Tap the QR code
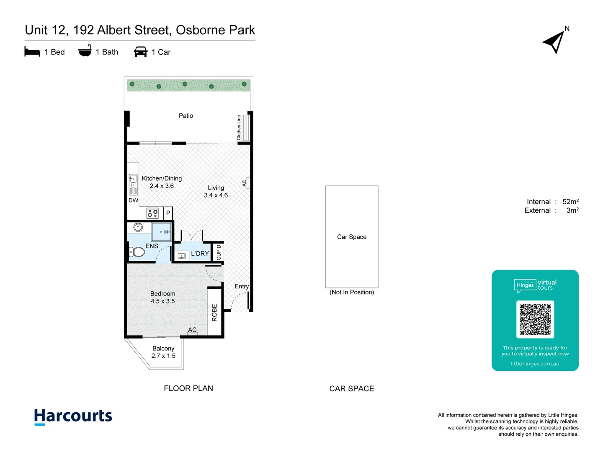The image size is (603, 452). click(x=535, y=319)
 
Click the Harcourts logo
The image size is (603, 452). click(x=73, y=416)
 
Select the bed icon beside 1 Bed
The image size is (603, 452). click(x=32, y=52)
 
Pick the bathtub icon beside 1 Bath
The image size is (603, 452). click(x=85, y=51)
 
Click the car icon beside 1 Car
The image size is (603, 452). click(x=141, y=52)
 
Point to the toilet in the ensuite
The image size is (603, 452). click(x=137, y=252)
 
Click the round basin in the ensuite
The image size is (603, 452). click(x=138, y=227)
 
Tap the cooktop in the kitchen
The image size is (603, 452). click(x=152, y=213)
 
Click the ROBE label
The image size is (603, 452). click(x=214, y=313)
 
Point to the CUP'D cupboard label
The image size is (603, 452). click(x=219, y=252)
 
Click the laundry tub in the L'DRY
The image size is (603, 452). click(x=182, y=256)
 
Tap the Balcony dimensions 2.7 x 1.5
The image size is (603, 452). click(x=163, y=356)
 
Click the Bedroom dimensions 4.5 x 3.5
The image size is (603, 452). click(x=162, y=301)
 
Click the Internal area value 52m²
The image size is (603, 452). click(x=570, y=202)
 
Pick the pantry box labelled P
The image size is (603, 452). click(x=168, y=213)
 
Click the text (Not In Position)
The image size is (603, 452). click(x=352, y=292)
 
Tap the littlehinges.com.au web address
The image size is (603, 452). click(x=535, y=364)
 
